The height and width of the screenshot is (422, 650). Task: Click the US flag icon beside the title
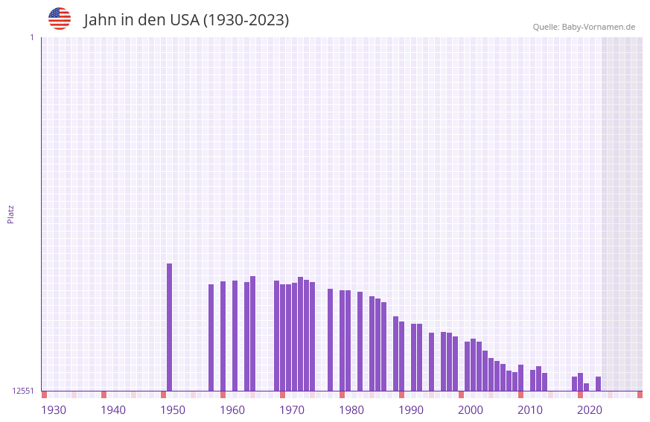point(60,19)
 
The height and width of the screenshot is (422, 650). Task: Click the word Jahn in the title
point(101,20)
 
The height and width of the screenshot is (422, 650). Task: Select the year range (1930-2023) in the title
point(246,20)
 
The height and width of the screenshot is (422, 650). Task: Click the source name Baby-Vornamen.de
point(598,27)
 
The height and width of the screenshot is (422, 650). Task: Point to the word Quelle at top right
point(545,27)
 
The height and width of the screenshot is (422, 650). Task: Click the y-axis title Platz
point(10,214)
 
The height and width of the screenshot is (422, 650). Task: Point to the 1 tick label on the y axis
point(31,37)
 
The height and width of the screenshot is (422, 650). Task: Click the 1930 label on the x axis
point(54,410)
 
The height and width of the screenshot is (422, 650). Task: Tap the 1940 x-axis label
point(113,410)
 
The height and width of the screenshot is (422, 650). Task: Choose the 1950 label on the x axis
point(173,410)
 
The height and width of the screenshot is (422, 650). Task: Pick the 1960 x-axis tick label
point(232,410)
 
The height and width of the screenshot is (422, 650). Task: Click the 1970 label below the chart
point(292,410)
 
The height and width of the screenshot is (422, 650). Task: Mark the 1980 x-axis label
point(351,410)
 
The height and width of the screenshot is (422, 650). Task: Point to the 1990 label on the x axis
point(411,410)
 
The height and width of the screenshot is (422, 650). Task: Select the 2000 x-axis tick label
point(471,410)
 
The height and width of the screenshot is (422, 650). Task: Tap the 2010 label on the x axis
point(530,410)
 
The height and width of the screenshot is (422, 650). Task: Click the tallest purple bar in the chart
point(169,327)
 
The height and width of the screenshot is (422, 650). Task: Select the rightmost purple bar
point(598,384)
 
